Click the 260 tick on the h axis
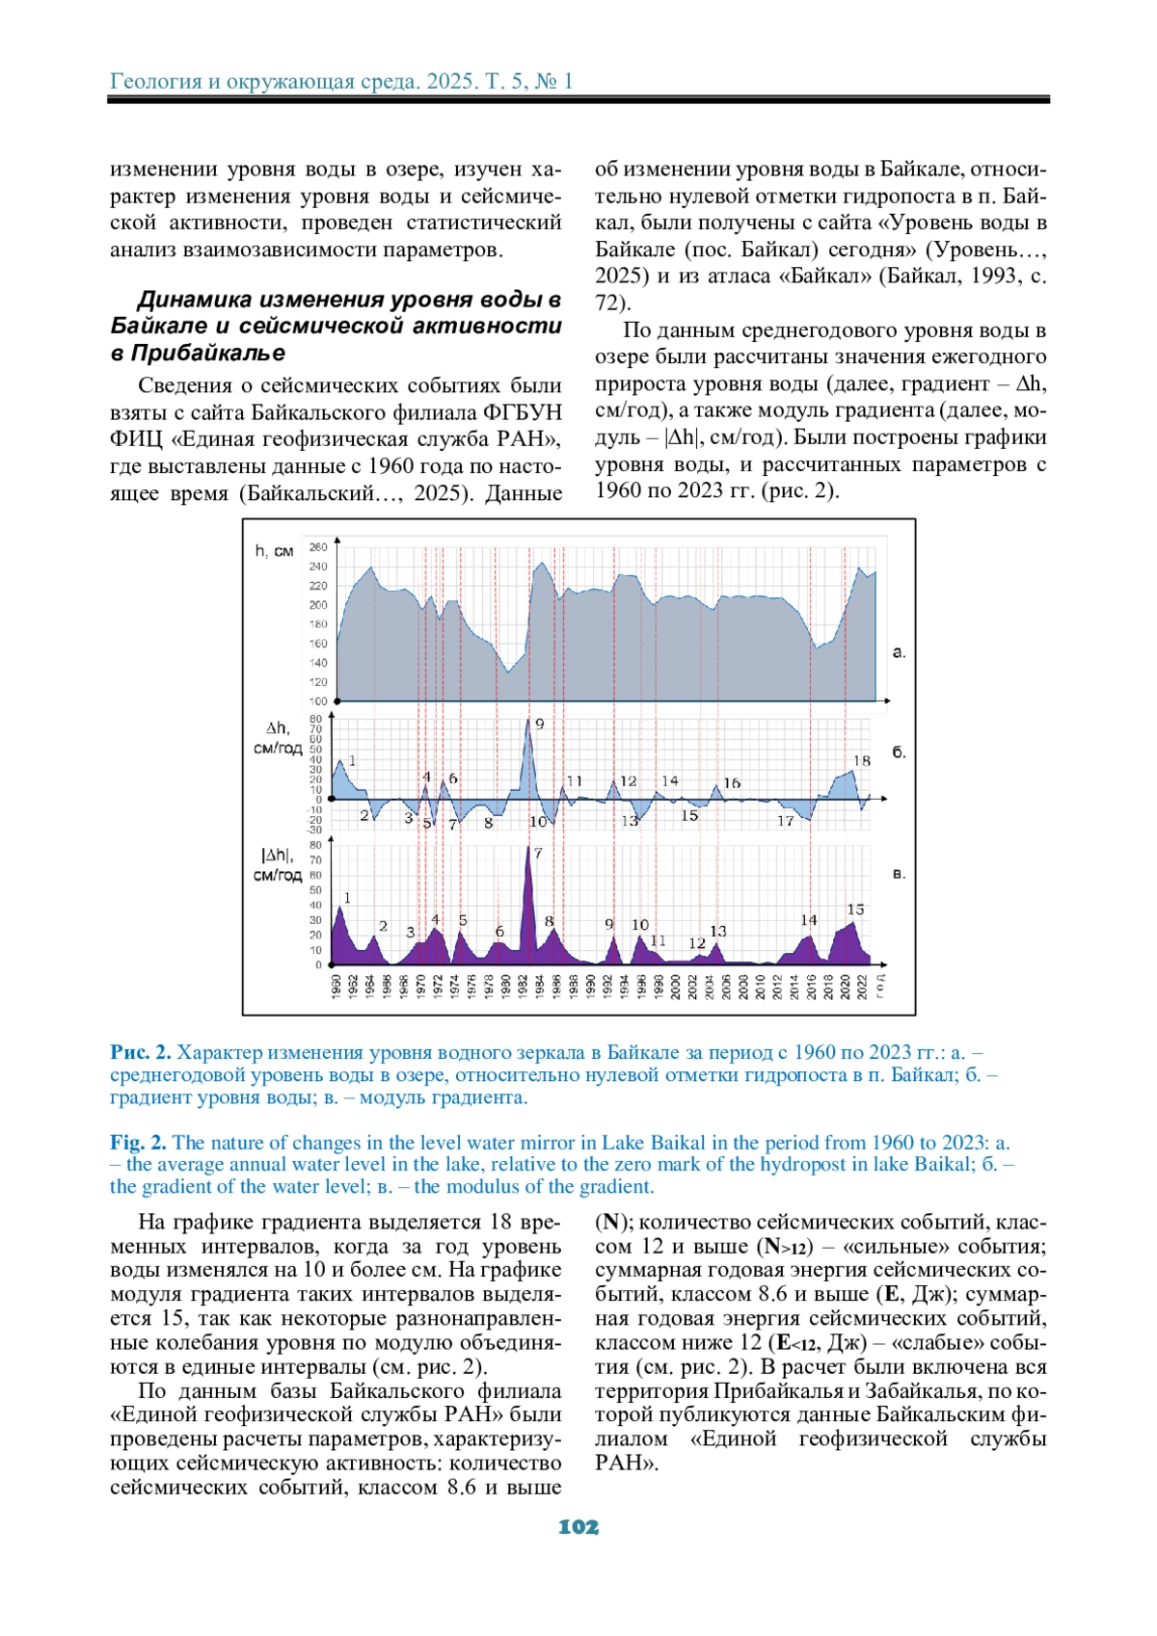point(318,547)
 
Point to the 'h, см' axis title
point(274,551)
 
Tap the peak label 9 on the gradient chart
point(540,724)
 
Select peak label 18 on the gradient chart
point(862,760)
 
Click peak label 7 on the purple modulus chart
point(538,853)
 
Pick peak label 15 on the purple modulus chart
point(855,909)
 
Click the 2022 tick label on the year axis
point(863,986)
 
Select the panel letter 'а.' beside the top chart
point(899,652)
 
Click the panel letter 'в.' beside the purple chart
point(899,874)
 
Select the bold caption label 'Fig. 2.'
point(138,1143)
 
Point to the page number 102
point(578,1527)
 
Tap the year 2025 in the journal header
point(451,81)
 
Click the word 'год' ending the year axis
point(880,986)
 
